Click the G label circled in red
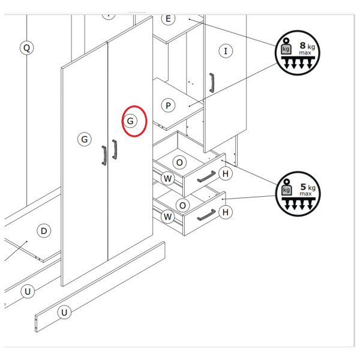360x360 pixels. [130, 121]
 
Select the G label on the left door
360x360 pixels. [85, 139]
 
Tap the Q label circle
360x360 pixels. [26, 48]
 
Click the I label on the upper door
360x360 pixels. [226, 51]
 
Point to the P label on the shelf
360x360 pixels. [168, 106]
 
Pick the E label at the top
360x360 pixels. [168, 19]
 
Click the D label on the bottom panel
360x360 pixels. [44, 231]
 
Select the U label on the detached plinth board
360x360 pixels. [64, 312]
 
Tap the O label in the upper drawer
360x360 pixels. [179, 163]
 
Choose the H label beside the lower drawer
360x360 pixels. [226, 212]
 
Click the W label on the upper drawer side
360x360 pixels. [168, 178]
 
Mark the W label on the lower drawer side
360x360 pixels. [168, 217]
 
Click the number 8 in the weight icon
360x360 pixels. [302, 46]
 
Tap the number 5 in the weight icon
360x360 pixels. [303, 187]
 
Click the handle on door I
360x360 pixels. [212, 83]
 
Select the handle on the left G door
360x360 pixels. [104, 155]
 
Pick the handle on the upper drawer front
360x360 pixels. [206, 176]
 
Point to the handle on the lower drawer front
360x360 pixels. [206, 215]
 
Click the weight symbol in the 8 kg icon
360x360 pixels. [286, 46]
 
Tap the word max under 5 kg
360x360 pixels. [305, 194]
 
